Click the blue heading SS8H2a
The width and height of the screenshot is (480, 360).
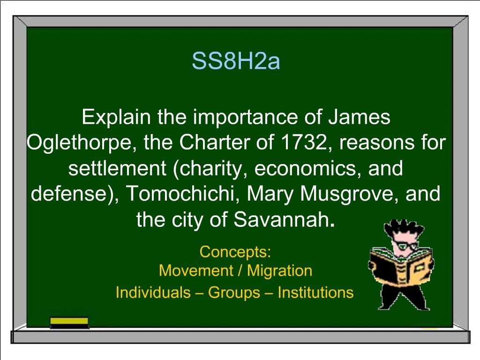236,61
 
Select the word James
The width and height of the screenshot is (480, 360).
359,117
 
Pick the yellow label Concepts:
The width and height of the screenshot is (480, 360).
235,252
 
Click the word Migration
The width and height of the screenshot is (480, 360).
279,271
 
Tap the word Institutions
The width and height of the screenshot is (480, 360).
315,292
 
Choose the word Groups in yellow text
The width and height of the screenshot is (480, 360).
234,292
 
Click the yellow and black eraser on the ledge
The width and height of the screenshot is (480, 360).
69,323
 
